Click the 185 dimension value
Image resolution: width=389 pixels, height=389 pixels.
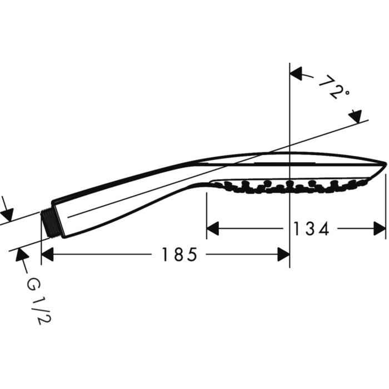[179, 255]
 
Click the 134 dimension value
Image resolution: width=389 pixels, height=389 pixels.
[311, 228]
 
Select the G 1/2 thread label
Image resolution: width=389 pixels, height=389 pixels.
[38, 301]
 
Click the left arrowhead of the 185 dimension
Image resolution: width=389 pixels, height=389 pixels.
[47, 255]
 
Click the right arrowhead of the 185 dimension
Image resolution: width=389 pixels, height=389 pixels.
[283, 255]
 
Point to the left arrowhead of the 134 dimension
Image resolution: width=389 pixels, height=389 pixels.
[213, 228]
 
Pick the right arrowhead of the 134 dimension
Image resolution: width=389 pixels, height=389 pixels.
[380, 228]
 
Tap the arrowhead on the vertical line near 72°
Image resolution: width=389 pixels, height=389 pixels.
[296, 73]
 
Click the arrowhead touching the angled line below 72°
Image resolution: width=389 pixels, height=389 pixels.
[355, 116]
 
